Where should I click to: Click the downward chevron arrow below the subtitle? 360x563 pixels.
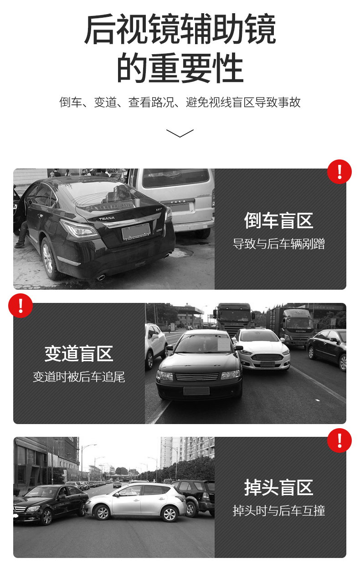pos(180,133)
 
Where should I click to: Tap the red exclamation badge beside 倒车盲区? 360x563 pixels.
pos(339,172)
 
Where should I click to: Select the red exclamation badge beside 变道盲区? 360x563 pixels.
pos(21,306)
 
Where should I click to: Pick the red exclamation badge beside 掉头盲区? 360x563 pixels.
pos(339,440)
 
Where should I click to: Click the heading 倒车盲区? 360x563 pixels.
pos(278,220)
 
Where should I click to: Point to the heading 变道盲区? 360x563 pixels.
pos(79,353)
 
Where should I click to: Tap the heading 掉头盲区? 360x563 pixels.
pos(278,487)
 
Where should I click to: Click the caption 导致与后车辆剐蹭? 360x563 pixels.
pos(278,244)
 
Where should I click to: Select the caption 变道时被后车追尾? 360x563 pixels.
pos(79,377)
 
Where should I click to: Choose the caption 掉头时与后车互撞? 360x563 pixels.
pos(278,511)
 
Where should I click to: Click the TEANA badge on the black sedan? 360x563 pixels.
pos(107,219)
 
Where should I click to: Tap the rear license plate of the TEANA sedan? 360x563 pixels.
pos(136,231)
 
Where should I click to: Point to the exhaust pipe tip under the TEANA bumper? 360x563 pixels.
pos(101,277)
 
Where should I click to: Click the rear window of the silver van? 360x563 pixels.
pos(176,177)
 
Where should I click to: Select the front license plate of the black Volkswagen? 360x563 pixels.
pos(196,391)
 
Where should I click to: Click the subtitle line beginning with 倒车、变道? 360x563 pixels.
pos(180,102)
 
